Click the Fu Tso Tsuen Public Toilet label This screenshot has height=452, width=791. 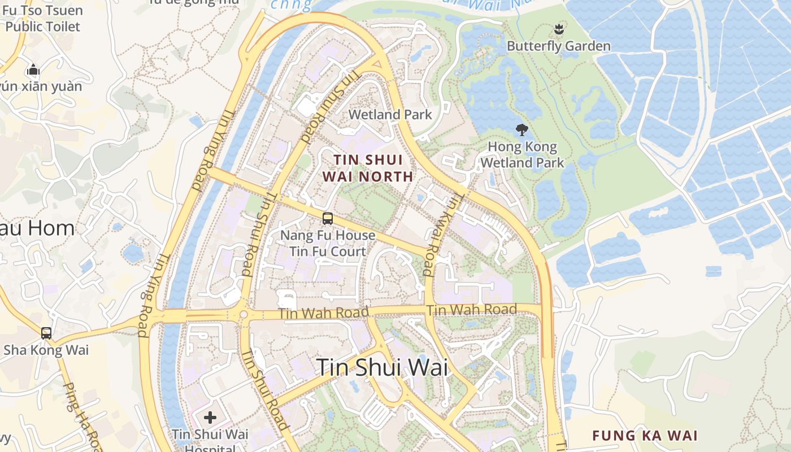click(x=43, y=18)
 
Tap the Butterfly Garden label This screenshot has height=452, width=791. click(x=558, y=46)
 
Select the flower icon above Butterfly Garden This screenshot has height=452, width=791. click(x=559, y=28)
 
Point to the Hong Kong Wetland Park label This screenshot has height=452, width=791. click(x=525, y=155)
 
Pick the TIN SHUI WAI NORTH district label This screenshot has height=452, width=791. click(x=367, y=168)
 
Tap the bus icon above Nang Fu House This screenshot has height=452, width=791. click(x=328, y=219)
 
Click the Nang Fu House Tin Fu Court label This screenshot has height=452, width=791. click(x=328, y=243)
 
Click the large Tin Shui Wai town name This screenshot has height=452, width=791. click(x=382, y=367)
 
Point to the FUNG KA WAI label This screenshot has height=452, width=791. click(x=645, y=436)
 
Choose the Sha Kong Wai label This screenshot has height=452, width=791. click(x=46, y=350)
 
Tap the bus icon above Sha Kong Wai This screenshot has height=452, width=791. click(x=46, y=333)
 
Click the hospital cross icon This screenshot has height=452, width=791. click(x=210, y=418)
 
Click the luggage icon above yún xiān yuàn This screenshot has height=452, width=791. click(x=33, y=70)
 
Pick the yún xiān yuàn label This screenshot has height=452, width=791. click(x=41, y=86)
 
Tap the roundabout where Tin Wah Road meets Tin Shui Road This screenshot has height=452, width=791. click(x=244, y=315)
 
